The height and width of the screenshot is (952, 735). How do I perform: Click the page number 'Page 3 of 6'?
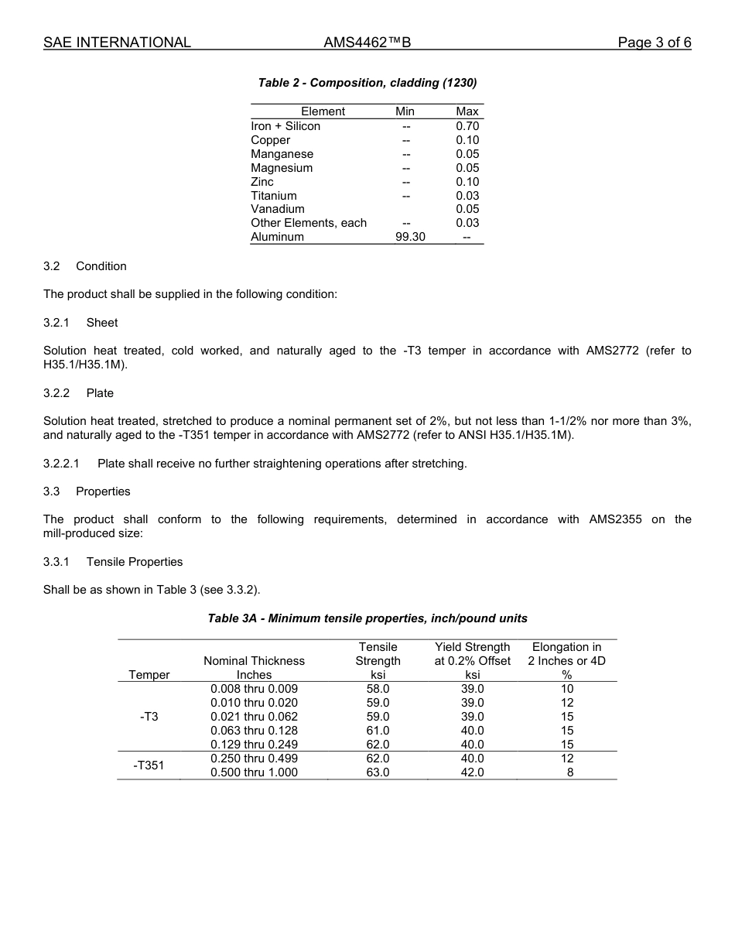click(654, 43)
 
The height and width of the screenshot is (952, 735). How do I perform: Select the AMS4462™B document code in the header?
click(367, 43)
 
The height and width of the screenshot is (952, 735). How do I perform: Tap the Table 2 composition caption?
click(367, 83)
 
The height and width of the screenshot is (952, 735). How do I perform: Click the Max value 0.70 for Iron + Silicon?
click(467, 126)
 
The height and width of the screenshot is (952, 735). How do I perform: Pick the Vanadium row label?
click(278, 209)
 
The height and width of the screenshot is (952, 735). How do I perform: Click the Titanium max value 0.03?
click(467, 196)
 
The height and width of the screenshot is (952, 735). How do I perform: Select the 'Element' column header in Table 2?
click(323, 111)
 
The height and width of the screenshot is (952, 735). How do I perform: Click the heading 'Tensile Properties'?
click(135, 562)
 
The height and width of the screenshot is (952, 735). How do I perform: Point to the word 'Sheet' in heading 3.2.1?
click(102, 322)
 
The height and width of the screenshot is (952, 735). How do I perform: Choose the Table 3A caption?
click(367, 618)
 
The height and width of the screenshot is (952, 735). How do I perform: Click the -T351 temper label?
click(149, 765)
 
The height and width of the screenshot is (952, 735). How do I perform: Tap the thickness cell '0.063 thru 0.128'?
click(254, 731)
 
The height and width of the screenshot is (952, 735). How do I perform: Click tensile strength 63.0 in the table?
click(378, 772)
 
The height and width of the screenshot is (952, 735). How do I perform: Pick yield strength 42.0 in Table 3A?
click(472, 772)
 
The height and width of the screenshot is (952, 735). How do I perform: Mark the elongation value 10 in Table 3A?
click(567, 689)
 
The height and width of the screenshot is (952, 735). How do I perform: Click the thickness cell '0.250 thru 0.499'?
click(254, 759)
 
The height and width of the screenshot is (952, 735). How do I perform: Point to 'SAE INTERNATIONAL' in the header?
click(117, 43)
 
